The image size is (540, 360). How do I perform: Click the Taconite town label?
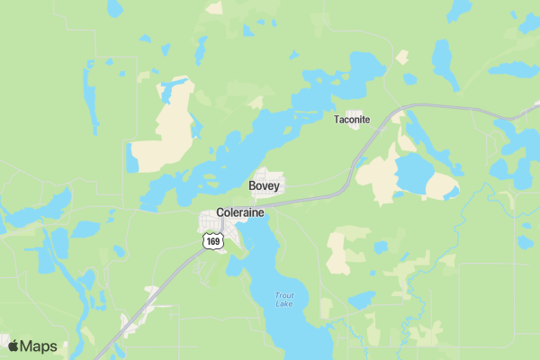tap(352, 119)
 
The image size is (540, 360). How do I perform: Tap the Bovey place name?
tap(264, 186)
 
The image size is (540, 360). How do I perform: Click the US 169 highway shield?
tap(212, 241)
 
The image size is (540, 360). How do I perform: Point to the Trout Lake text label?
tap(283, 299)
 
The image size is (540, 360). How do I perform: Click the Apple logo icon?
tap(13, 346)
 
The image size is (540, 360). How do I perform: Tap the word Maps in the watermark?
tap(40, 346)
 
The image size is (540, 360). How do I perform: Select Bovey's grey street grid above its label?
tap(269, 173)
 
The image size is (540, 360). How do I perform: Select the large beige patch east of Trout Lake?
tap(339, 252)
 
